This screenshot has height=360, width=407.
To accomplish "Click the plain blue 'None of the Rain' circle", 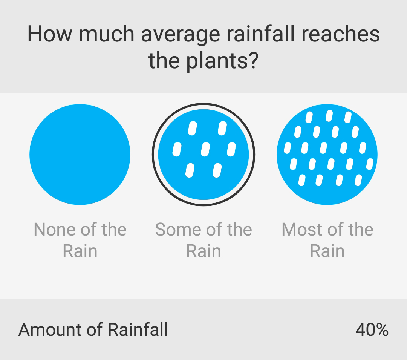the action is pyautogui.click(x=80, y=155).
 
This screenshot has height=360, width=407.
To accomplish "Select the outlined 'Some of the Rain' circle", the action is pyautogui.click(x=203, y=155).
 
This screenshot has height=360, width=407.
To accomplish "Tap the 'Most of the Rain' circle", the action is pyautogui.click(x=327, y=155).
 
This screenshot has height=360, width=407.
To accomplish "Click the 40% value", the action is pyautogui.click(x=372, y=329).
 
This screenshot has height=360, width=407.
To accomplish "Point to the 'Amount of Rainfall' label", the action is pyautogui.click(x=93, y=329).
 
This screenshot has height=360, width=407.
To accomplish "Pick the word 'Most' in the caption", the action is pyautogui.click(x=301, y=230).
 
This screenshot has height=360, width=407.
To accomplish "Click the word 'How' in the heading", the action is pyautogui.click(x=50, y=34).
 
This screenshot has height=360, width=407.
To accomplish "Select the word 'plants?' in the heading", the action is pyautogui.click(x=222, y=61).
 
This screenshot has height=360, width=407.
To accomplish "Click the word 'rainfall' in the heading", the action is pyautogui.click(x=261, y=34).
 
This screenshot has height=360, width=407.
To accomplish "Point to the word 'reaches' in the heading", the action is pyautogui.click(x=341, y=34).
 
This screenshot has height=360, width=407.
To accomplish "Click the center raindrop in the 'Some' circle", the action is pyautogui.click(x=205, y=149).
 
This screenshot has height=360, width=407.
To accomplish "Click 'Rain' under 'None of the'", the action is pyautogui.click(x=80, y=251).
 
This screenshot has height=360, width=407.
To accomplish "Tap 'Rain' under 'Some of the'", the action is pyautogui.click(x=203, y=251).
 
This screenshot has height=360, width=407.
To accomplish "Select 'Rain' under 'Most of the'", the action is pyautogui.click(x=327, y=251).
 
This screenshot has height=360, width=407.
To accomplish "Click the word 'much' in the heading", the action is pyautogui.click(x=106, y=34).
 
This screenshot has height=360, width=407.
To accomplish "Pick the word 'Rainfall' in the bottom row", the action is pyautogui.click(x=138, y=329).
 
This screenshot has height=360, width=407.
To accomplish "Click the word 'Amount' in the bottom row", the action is pyautogui.click(x=49, y=330).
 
